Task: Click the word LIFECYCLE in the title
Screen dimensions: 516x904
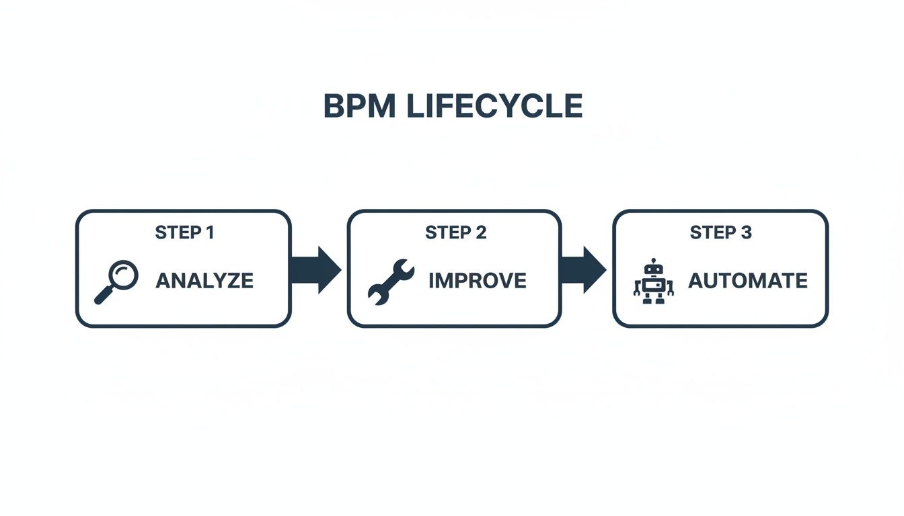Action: pyautogui.click(x=494, y=106)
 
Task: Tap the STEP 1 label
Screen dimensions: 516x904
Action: pyautogui.click(x=184, y=232)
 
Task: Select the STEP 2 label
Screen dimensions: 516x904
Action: pyautogui.click(x=455, y=232)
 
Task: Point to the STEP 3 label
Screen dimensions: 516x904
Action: pyautogui.click(x=720, y=232)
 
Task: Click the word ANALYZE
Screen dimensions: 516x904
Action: pyautogui.click(x=204, y=280)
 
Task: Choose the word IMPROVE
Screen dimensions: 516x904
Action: pyautogui.click(x=477, y=280)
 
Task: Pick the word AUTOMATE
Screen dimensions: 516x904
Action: pyautogui.click(x=747, y=280)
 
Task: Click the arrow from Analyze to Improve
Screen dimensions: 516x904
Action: pyautogui.click(x=315, y=269)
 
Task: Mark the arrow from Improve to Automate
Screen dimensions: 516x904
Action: pyautogui.click(x=582, y=269)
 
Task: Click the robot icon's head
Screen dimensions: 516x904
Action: pyautogui.click(x=653, y=269)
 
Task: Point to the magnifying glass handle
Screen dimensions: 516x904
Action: pyautogui.click(x=104, y=294)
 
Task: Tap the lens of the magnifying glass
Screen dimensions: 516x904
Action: pyautogui.click(x=124, y=274)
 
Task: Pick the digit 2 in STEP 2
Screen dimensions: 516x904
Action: pyautogui.click(x=480, y=232)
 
